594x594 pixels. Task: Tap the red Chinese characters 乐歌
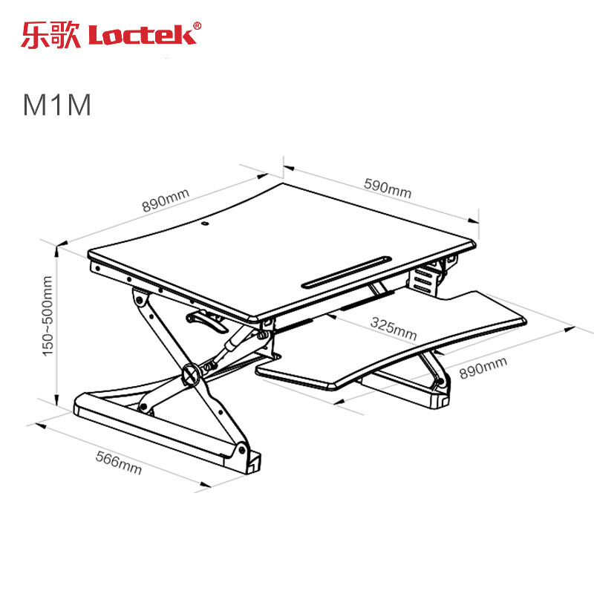point(50,35)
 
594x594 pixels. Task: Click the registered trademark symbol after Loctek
point(198,26)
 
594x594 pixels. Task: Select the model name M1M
point(57,104)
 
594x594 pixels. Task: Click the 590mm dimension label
point(388,189)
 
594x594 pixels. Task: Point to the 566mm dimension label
point(119,463)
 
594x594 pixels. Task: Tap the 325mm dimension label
point(394,328)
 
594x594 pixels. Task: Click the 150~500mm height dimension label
point(48,316)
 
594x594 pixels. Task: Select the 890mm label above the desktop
point(166,200)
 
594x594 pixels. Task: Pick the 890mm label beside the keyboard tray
point(483,368)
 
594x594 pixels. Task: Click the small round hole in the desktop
point(205,224)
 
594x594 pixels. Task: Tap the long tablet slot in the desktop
point(347,272)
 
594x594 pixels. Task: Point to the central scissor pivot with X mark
point(191,374)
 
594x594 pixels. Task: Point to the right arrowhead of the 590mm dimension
point(473,221)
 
